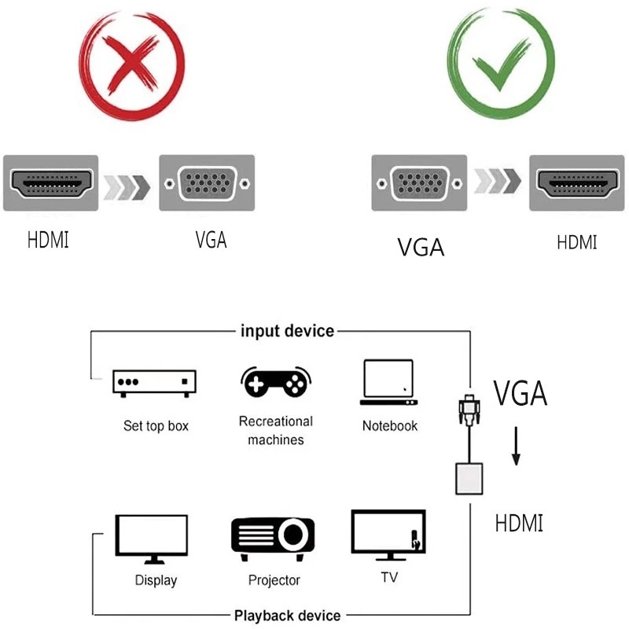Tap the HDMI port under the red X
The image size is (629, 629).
pyautogui.click(x=50, y=183)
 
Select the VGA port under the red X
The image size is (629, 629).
pyautogui.click(x=207, y=183)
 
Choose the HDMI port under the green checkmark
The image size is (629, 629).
pyautogui.click(x=576, y=183)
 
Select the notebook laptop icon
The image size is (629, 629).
pyautogui.click(x=388, y=382)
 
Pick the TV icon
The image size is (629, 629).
pyautogui.click(x=388, y=535)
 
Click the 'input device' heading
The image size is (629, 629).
pyautogui.click(x=287, y=331)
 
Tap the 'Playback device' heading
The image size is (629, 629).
pyautogui.click(x=287, y=615)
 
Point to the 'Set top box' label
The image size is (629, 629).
pyautogui.click(x=156, y=426)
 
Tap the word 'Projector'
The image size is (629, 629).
pyautogui.click(x=274, y=580)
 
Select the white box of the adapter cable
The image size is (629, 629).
pyautogui.click(x=468, y=479)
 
